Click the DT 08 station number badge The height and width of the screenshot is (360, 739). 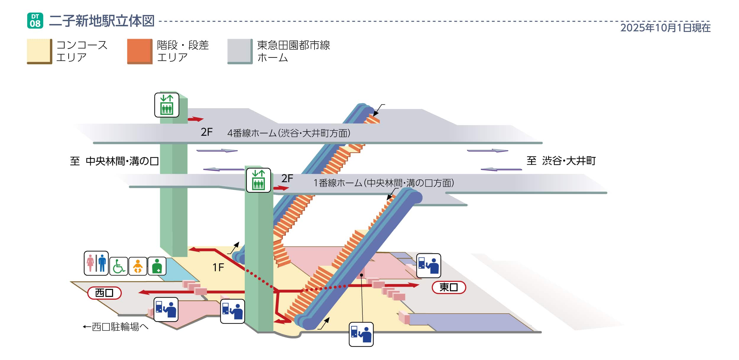click(x=35, y=21)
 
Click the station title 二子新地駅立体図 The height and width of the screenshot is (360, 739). click(x=101, y=21)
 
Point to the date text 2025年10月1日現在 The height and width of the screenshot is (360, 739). click(x=665, y=28)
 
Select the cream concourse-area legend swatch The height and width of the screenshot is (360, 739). click(x=39, y=51)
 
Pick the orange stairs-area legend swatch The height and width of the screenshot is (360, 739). click(x=140, y=51)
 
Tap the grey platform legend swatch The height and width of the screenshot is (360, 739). click(x=240, y=51)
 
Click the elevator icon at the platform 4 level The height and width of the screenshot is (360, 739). click(x=167, y=105)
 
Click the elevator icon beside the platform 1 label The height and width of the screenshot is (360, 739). click(x=258, y=180)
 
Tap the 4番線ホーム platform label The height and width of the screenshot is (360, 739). click(x=289, y=133)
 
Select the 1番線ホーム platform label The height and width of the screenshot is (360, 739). click(x=383, y=183)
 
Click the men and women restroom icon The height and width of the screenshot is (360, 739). click(x=96, y=263)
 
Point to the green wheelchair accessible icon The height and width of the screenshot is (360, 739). click(x=119, y=266)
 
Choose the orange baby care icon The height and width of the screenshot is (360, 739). click(x=138, y=266)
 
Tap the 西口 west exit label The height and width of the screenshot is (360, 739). click(x=104, y=293)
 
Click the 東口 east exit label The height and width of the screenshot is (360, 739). click(x=448, y=287)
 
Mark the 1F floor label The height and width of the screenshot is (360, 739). click(x=218, y=267)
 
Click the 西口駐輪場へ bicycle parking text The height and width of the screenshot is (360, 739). click(x=116, y=327)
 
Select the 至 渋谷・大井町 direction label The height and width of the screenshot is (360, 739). click(x=561, y=161)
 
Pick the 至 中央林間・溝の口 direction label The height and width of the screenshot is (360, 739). click(x=114, y=161)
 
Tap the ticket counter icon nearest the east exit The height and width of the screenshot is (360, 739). click(x=428, y=266)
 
